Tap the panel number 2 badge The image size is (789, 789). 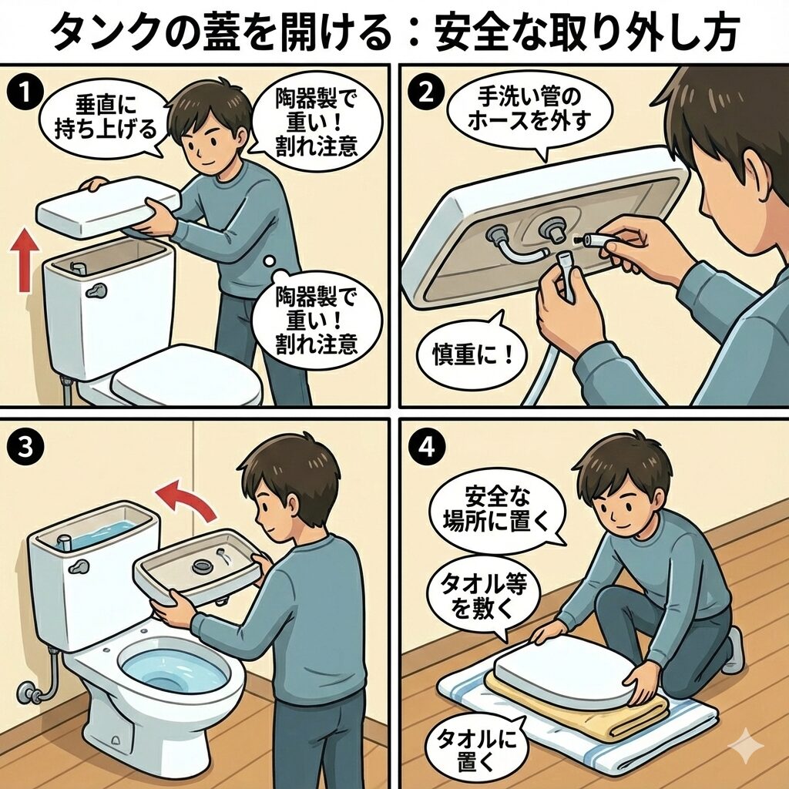tap(426, 92)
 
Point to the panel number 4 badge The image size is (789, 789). tap(426, 447)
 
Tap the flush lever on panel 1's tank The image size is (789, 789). tap(96, 290)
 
